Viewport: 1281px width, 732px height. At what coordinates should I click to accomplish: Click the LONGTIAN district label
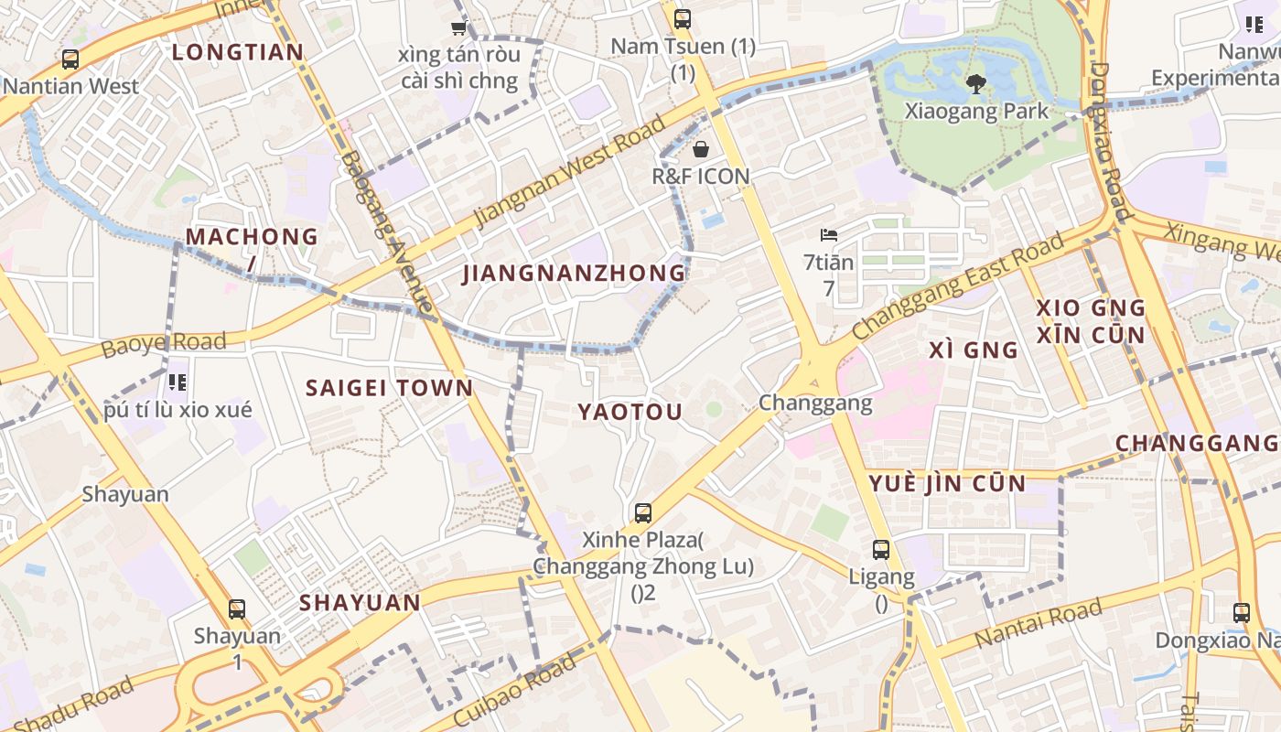click(x=238, y=52)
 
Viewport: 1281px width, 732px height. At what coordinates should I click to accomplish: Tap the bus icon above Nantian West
click(x=70, y=60)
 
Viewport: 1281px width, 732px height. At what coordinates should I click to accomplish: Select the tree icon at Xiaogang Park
click(x=975, y=85)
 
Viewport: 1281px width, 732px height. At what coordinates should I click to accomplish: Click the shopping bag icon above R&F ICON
click(x=701, y=149)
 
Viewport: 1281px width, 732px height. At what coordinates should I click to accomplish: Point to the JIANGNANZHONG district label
click(x=574, y=273)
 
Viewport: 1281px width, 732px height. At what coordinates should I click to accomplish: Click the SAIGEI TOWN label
click(x=389, y=388)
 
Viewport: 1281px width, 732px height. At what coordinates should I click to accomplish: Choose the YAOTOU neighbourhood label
click(x=630, y=413)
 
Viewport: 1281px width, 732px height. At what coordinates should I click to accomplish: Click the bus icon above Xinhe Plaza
click(x=643, y=513)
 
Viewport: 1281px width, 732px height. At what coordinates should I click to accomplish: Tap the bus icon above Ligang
click(x=881, y=550)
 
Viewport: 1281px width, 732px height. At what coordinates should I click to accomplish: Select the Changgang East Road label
click(x=959, y=285)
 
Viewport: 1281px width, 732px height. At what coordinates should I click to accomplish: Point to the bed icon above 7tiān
click(x=829, y=236)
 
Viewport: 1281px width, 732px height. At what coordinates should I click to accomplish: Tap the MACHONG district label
click(x=252, y=237)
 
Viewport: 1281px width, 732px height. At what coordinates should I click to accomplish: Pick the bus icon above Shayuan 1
click(x=237, y=608)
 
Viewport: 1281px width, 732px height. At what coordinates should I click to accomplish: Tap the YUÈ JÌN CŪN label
click(x=946, y=484)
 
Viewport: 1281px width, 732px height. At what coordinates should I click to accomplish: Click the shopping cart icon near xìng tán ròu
click(x=458, y=28)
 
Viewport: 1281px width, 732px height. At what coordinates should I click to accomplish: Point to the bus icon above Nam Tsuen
click(x=683, y=19)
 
